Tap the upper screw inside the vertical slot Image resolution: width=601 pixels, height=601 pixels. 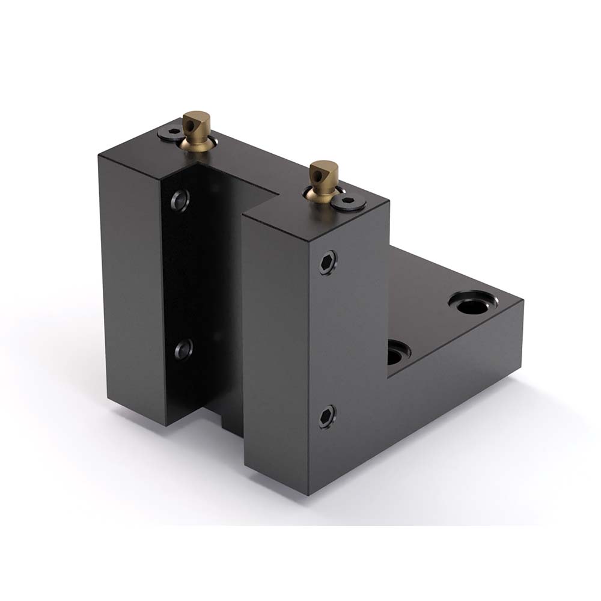180,198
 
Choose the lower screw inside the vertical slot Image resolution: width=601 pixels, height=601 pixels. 183,349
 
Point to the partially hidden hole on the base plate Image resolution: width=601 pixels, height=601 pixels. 395,353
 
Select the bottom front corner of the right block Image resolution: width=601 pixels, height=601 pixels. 308,495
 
